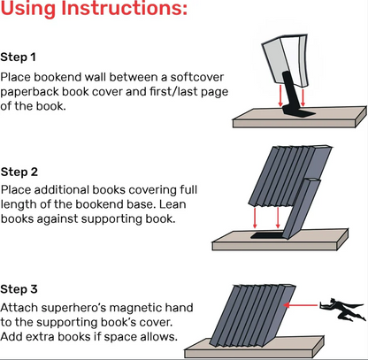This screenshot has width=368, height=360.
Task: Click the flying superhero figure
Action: click(338, 309)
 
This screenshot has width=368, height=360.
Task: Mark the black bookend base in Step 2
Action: click(266, 236)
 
